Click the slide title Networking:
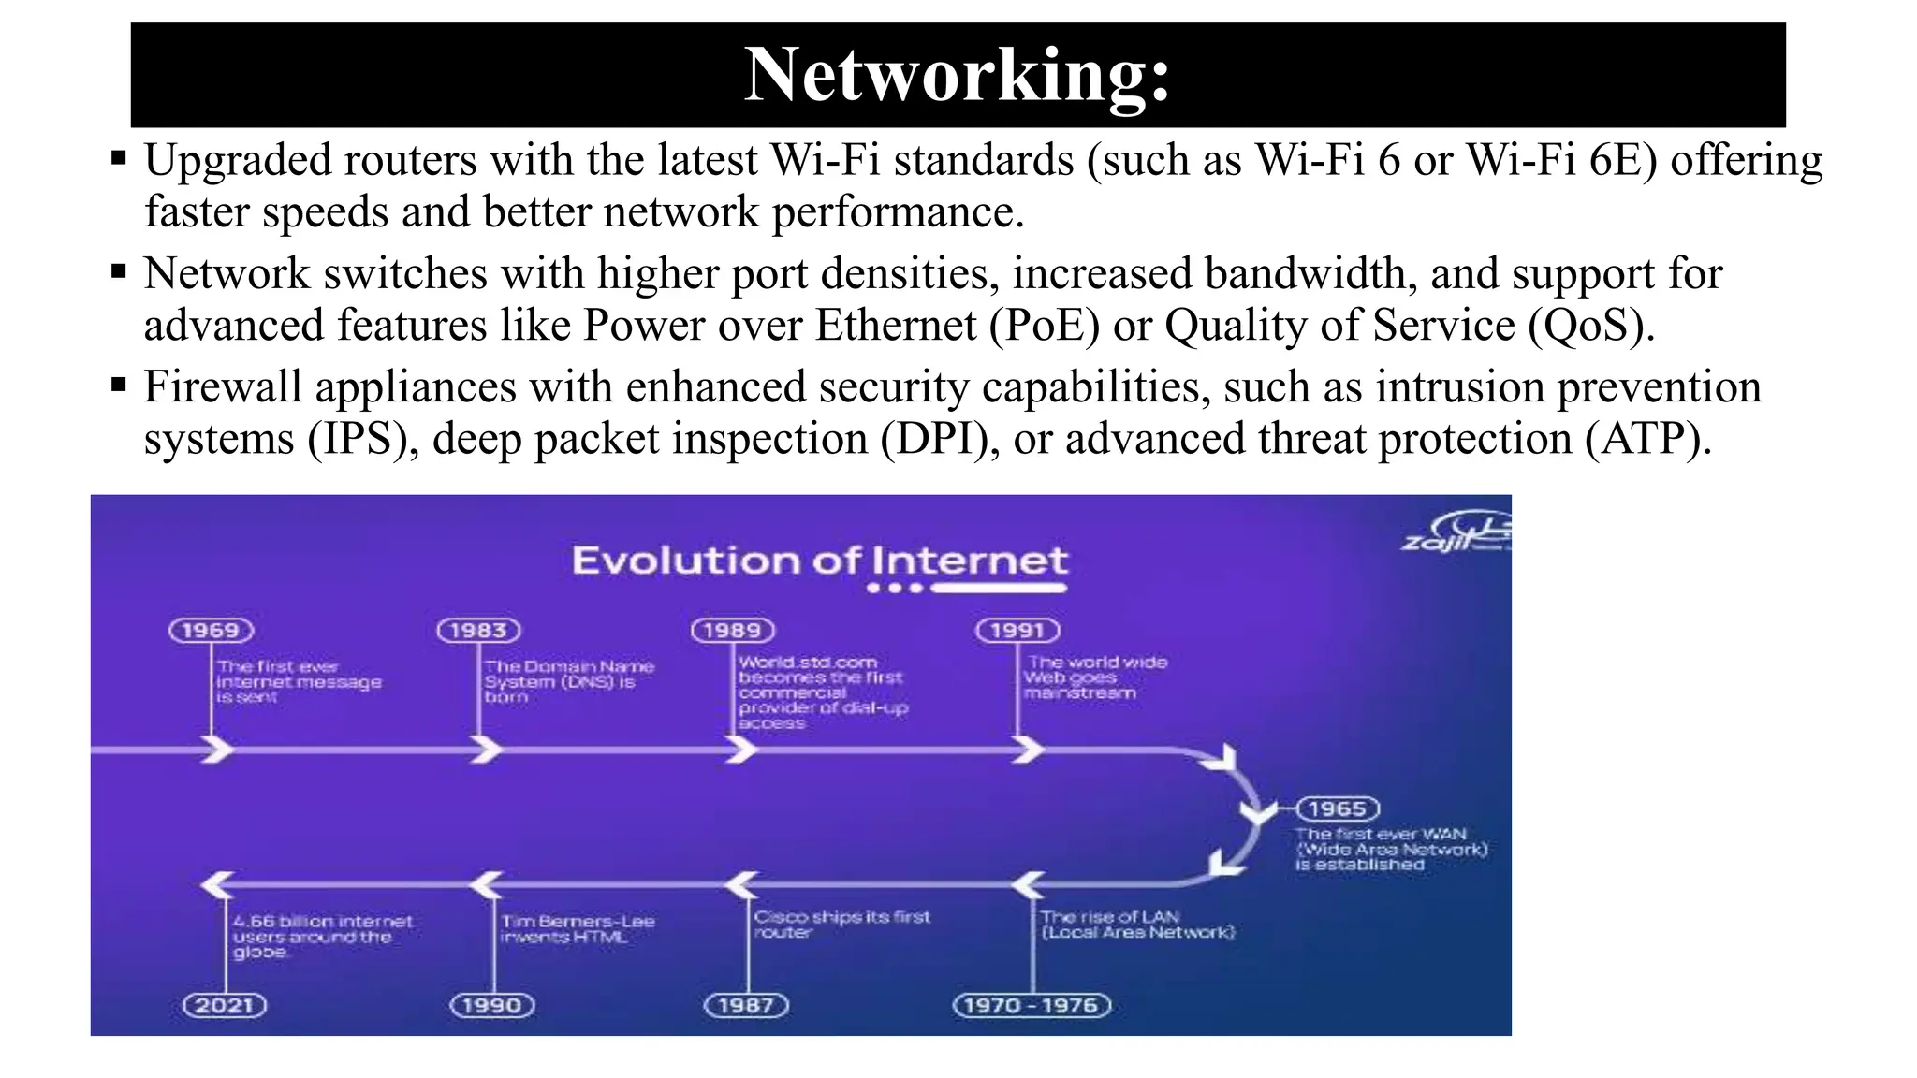[x=957, y=75]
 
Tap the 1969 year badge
[x=211, y=631]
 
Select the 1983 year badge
[x=478, y=631]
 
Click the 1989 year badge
[x=733, y=631]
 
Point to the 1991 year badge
[x=1017, y=631]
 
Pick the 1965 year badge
[x=1337, y=808]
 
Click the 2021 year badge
[x=225, y=1006]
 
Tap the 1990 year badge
[x=492, y=1006]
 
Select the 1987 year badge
[x=746, y=1006]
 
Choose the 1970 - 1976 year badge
[x=1032, y=1006]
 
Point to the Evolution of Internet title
[x=820, y=561]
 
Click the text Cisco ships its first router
[x=841, y=925]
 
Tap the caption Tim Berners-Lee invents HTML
[x=578, y=929]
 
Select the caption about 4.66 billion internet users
[x=322, y=937]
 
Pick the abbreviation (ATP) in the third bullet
[x=1647, y=439]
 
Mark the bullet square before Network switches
[x=118, y=272]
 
